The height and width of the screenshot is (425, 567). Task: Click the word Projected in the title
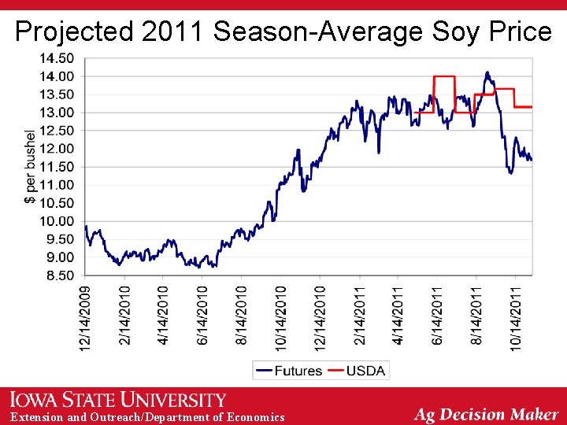click(x=75, y=31)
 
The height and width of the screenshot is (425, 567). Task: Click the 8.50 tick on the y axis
click(x=58, y=275)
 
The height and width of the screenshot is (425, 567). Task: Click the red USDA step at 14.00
click(x=444, y=76)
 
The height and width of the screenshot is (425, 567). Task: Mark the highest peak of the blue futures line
click(x=487, y=72)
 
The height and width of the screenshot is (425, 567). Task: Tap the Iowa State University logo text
click(x=117, y=400)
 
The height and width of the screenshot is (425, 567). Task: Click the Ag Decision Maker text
click(x=487, y=414)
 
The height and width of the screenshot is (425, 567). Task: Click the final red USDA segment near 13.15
click(x=523, y=106)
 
